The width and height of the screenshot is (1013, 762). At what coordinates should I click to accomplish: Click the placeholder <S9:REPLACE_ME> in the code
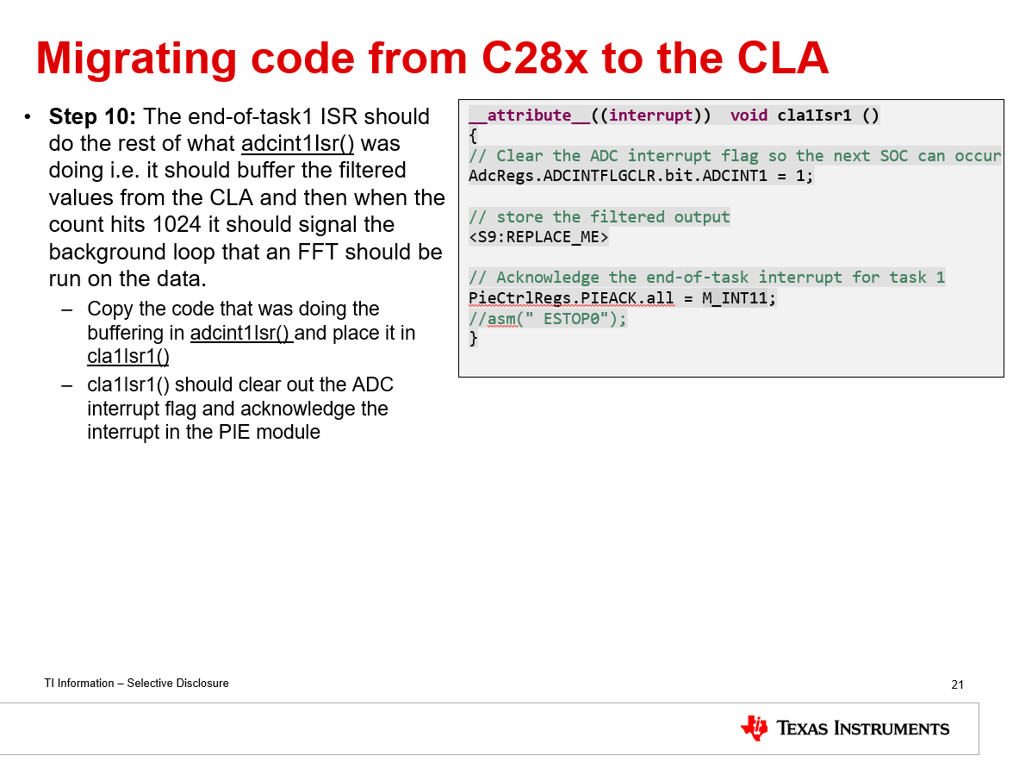pos(538,237)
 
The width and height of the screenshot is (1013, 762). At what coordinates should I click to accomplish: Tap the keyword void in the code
pos(749,116)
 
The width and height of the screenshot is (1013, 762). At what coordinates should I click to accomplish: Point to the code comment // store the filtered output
pos(599,216)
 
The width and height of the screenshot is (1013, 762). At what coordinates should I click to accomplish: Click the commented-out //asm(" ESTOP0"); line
pos(548,318)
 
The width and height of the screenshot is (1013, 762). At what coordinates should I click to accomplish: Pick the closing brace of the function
pos(473,338)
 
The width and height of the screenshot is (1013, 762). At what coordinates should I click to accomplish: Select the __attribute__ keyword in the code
pos(529,116)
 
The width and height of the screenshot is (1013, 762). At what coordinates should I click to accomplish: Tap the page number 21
pos(957,684)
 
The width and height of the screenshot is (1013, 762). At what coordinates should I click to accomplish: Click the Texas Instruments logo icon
pos(754,728)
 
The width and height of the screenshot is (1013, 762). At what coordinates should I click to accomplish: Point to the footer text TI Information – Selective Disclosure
pos(137,683)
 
